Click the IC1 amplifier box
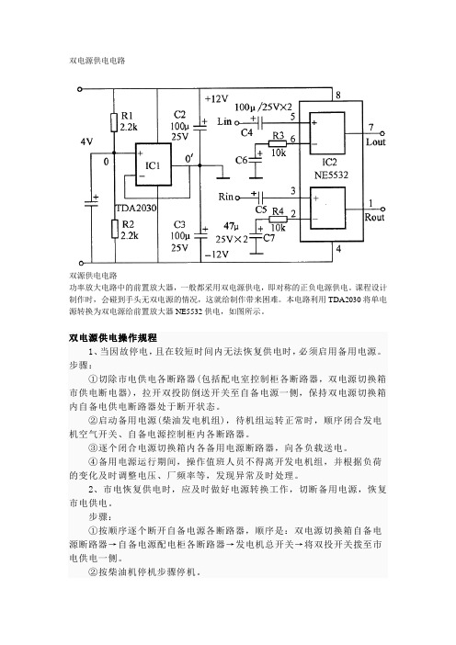pyautogui.click(x=154, y=164)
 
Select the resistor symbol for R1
pyautogui.click(x=114, y=123)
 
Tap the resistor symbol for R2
pyautogui.click(x=115, y=229)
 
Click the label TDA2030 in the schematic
pyautogui.click(x=136, y=209)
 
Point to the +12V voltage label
pyautogui.click(x=216, y=98)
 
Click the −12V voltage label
pyautogui.click(x=216, y=255)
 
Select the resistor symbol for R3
pyautogui.click(x=278, y=143)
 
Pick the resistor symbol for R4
pyautogui.click(x=278, y=220)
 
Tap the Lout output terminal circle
pyautogui.click(x=382, y=133)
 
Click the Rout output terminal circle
pyautogui.click(x=382, y=209)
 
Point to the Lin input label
pyautogui.click(x=224, y=121)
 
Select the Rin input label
pyautogui.click(x=225, y=197)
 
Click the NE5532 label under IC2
pyautogui.click(x=331, y=175)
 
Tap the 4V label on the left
pyautogui.click(x=86, y=141)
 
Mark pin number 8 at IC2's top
pyautogui.click(x=338, y=95)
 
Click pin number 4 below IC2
pyautogui.click(x=338, y=248)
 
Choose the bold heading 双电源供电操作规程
pyautogui.click(x=113, y=338)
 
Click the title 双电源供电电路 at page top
pyautogui.click(x=97, y=61)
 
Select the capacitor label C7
pyautogui.click(x=268, y=237)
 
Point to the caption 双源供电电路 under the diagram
pyautogui.click(x=93, y=276)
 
